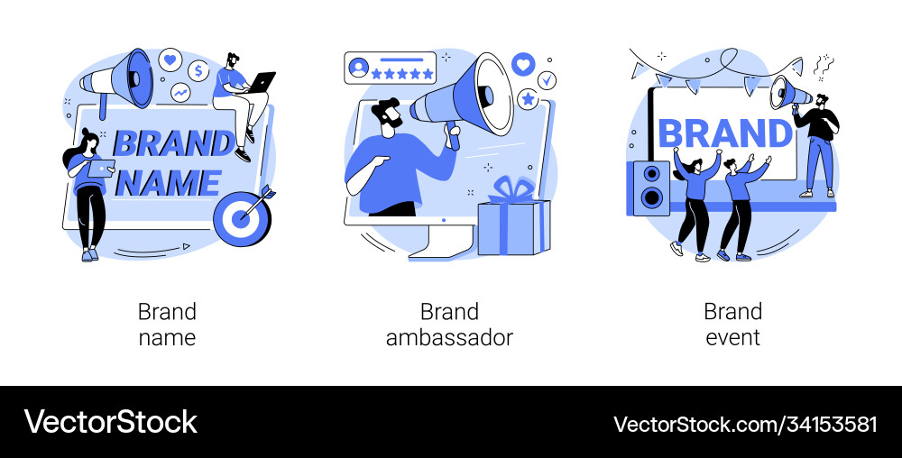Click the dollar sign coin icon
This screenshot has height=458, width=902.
(x=198, y=70)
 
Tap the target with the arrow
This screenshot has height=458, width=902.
(x=242, y=217)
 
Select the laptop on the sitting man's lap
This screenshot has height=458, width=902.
(x=261, y=82)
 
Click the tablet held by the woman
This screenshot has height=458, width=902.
(x=101, y=168)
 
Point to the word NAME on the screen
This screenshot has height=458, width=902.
(x=169, y=183)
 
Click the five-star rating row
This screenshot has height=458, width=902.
(x=402, y=74)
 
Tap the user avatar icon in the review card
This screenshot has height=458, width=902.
(x=358, y=68)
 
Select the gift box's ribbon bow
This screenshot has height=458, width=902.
(x=512, y=189)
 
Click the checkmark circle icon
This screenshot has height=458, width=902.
(x=547, y=80)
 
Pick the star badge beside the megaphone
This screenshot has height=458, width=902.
(x=527, y=99)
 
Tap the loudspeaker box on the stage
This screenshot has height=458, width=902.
(x=649, y=188)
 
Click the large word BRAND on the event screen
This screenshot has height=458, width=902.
(x=726, y=133)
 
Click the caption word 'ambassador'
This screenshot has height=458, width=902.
(x=449, y=337)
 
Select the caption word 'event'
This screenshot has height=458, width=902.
(x=732, y=337)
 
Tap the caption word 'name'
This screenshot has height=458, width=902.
(x=167, y=337)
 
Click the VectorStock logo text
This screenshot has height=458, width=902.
(x=110, y=422)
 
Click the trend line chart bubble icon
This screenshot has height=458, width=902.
(x=180, y=92)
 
